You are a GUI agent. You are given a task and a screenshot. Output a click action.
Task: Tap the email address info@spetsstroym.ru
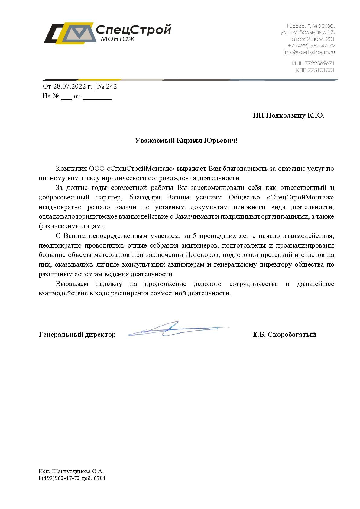coord(309,52)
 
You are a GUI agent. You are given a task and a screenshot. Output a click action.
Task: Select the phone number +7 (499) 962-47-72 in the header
coord(311,46)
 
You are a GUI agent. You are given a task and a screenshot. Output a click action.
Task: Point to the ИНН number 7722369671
coord(319,63)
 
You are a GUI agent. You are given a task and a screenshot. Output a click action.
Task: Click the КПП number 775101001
coord(321,70)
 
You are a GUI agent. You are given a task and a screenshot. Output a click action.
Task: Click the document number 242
coord(111,86)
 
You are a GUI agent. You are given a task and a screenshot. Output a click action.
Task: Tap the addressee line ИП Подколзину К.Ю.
coord(288,115)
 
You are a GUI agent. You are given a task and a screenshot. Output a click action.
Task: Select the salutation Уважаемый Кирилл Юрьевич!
coord(186,141)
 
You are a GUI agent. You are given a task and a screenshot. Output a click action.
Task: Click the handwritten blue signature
coord(175,329)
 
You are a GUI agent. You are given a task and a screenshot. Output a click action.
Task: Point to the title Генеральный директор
coord(77,335)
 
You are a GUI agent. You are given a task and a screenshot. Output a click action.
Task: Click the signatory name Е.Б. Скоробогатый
coord(284,335)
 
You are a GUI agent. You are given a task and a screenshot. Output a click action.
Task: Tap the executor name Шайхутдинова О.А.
coord(78,471)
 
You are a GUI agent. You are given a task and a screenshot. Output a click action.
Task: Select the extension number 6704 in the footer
coord(100,478)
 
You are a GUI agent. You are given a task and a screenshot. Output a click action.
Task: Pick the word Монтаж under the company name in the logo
coord(118,39)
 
